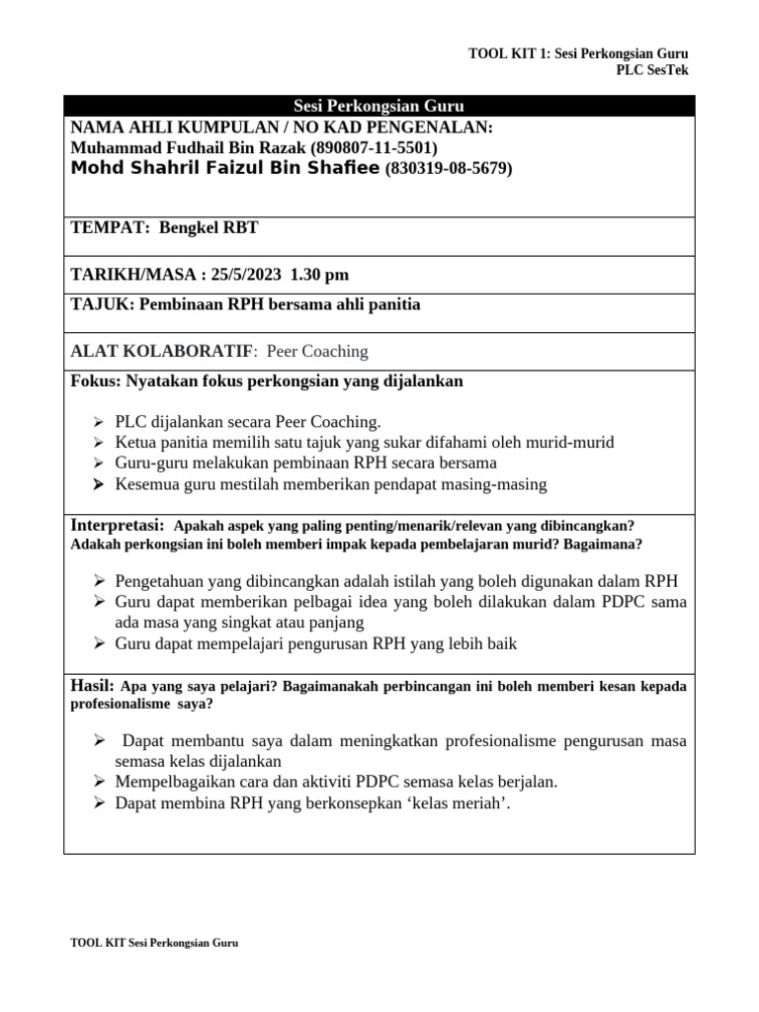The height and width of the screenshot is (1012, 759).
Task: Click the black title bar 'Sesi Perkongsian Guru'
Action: pyautogui.click(x=379, y=107)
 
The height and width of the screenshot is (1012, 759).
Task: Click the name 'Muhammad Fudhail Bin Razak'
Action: pyautogui.click(x=189, y=147)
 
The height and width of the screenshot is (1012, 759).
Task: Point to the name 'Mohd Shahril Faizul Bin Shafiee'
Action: pyautogui.click(x=225, y=169)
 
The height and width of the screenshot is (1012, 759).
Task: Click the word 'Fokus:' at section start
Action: pyautogui.click(x=95, y=380)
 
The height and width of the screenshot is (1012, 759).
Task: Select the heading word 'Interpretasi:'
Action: pyautogui.click(x=117, y=525)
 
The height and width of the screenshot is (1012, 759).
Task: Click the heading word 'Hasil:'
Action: pyautogui.click(x=93, y=685)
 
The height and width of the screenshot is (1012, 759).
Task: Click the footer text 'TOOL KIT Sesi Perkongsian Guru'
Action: pyautogui.click(x=155, y=943)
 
